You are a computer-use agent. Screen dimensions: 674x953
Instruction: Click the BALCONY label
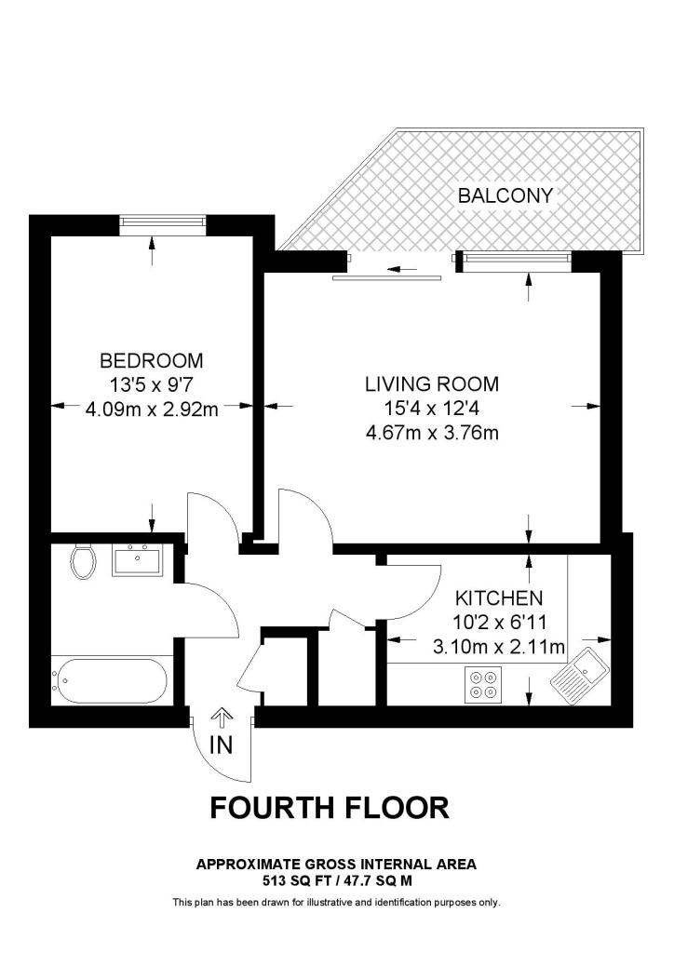pyautogui.click(x=505, y=195)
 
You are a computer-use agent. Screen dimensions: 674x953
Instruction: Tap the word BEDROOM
pyautogui.click(x=152, y=360)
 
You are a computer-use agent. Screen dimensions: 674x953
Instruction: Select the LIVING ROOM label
pyautogui.click(x=432, y=384)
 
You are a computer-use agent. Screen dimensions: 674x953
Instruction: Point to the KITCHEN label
pyautogui.click(x=499, y=598)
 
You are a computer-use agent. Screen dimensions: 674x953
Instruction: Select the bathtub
pyautogui.click(x=110, y=680)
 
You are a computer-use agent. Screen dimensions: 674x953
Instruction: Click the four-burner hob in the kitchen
pyautogui.click(x=484, y=684)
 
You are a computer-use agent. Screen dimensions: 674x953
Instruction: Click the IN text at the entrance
pyautogui.click(x=221, y=745)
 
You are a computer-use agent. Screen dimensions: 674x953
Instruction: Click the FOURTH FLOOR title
pyautogui.click(x=330, y=808)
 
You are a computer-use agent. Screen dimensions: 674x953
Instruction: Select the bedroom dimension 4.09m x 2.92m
pyautogui.click(x=152, y=409)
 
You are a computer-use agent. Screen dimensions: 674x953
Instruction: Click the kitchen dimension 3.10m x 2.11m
pyautogui.click(x=499, y=647)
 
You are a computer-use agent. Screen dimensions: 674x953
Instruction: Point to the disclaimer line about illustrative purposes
pyautogui.click(x=337, y=903)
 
